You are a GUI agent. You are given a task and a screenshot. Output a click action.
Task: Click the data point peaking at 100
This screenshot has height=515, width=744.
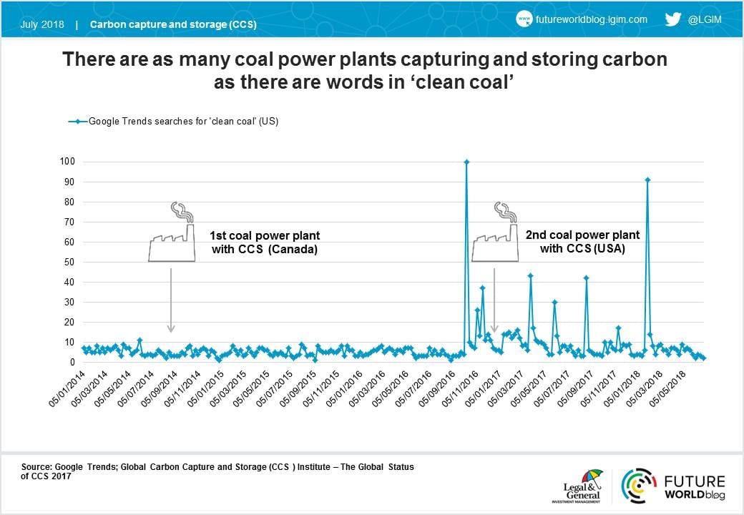coord(466,162)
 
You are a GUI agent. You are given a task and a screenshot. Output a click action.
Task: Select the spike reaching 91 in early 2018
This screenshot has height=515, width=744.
coord(647,180)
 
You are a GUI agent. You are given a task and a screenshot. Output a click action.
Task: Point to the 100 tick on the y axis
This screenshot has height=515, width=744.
coord(67,162)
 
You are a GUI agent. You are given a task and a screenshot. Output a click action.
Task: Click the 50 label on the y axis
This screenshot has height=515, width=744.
coord(69,262)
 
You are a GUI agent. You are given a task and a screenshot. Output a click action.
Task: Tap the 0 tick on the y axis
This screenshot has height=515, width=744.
coord(72,362)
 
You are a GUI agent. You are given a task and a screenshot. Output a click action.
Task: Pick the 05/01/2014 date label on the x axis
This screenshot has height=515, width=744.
coord(68,390)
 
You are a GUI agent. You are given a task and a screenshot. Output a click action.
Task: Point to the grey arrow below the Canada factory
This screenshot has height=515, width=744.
coord(170,300)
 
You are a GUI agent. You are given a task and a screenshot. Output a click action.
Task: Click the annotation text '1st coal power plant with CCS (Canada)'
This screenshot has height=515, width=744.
coord(265,242)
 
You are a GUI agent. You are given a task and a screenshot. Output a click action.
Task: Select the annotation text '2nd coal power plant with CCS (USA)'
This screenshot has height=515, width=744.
coord(582,242)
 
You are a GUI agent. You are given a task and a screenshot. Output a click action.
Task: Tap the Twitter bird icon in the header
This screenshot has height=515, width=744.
coord(672,20)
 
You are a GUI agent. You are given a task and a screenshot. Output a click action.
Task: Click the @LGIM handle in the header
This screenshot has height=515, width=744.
coord(705,20)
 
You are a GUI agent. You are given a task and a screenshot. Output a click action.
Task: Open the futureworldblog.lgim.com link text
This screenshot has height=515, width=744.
coord(591,20)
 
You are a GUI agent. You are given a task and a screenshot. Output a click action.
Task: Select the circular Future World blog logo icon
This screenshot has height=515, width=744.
coord(638,486)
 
